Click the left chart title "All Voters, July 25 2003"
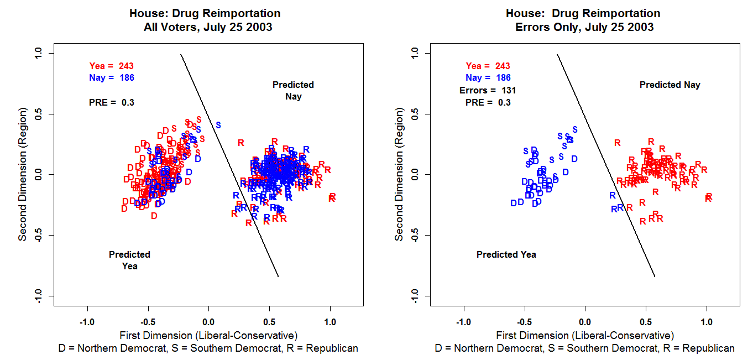(x=205, y=27)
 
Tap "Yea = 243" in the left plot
(x=111, y=66)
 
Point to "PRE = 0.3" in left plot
(x=111, y=102)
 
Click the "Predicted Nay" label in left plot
(x=293, y=91)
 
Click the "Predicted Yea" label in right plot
(x=506, y=254)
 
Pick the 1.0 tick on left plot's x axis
(x=330, y=322)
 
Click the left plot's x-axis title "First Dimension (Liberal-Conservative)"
(x=208, y=335)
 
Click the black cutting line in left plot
(x=229, y=166)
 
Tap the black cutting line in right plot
(x=606, y=166)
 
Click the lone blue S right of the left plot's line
(x=218, y=125)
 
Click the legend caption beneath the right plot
(x=585, y=348)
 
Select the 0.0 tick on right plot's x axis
(x=585, y=322)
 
